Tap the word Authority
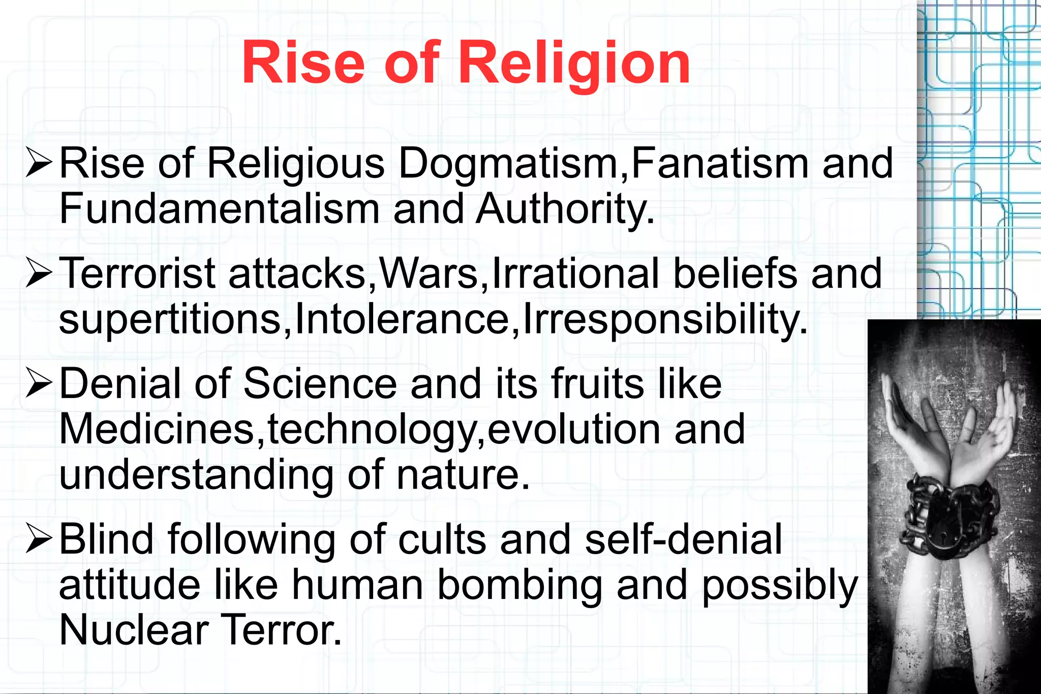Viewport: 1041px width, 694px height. click(x=564, y=209)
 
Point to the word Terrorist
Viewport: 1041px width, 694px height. click(x=137, y=274)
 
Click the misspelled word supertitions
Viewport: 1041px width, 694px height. click(x=170, y=319)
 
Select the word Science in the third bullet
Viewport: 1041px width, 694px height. click(x=320, y=384)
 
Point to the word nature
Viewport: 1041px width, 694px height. click(x=463, y=474)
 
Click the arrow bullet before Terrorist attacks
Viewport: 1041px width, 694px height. click(x=39, y=274)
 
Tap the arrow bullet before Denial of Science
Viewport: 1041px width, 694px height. click(x=39, y=384)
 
